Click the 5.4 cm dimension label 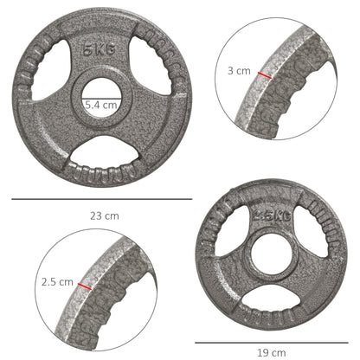click(x=100, y=104)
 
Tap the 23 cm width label click(x=102, y=215)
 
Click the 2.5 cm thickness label click(x=57, y=281)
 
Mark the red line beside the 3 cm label click(x=264, y=75)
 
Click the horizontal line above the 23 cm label click(x=102, y=199)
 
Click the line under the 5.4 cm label click(x=100, y=112)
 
